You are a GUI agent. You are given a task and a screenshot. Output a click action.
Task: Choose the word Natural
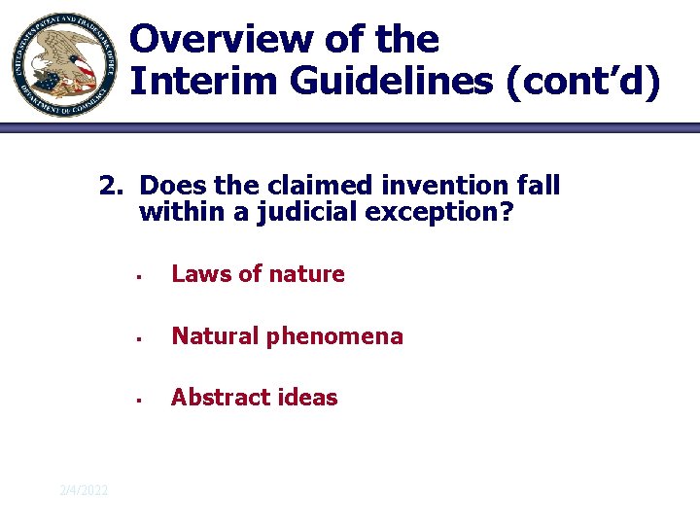coord(214,336)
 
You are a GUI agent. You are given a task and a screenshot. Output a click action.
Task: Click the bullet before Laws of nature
coord(141,277)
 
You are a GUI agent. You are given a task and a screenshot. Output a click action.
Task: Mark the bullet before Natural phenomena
coord(141,339)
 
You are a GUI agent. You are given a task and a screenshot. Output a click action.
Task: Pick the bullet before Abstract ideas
coord(141,401)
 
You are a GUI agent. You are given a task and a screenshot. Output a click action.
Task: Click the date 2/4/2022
coord(84,490)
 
